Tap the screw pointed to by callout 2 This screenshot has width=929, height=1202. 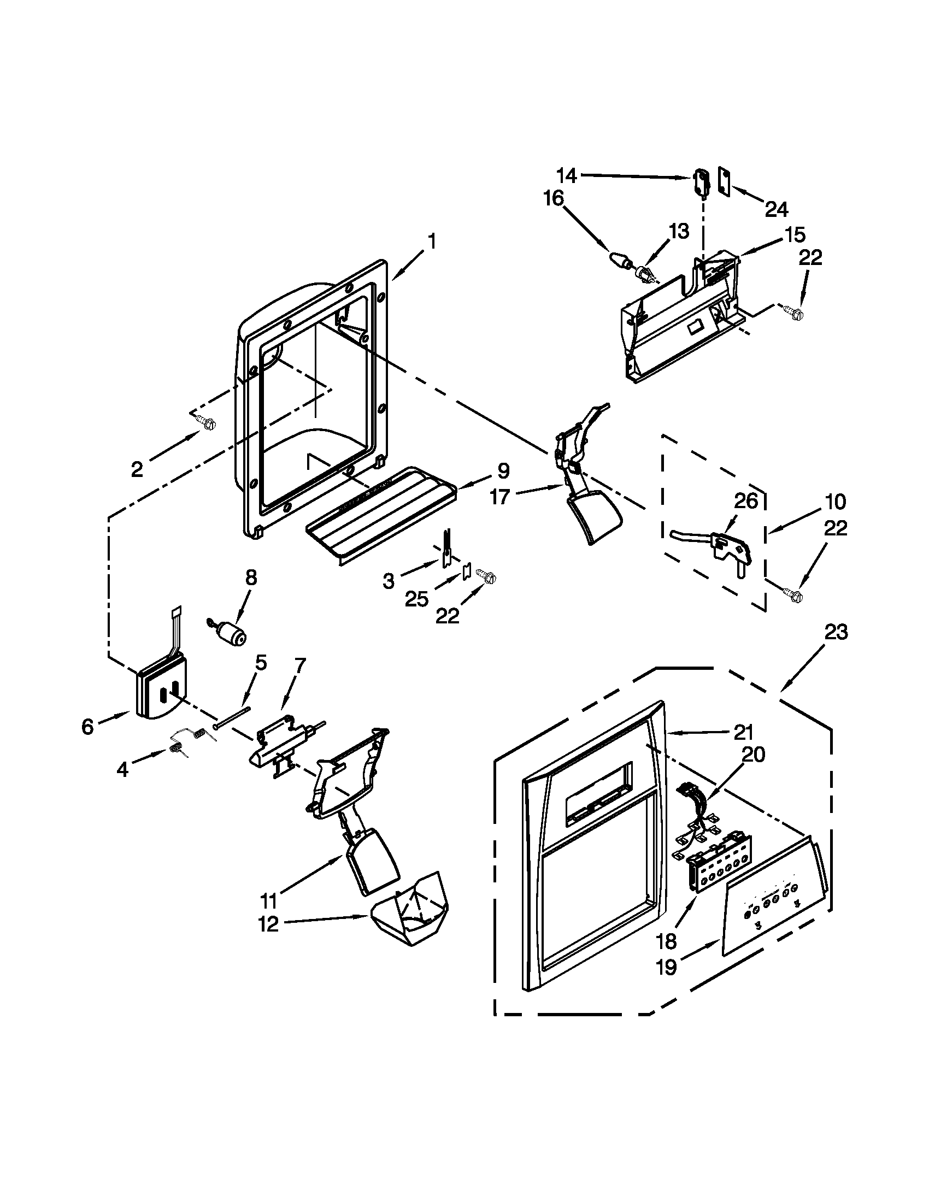(209, 423)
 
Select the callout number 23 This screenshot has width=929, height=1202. (836, 632)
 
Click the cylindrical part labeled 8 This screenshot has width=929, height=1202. (231, 633)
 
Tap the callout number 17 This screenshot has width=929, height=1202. (500, 497)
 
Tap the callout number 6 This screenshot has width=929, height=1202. (88, 727)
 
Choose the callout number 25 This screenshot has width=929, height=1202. (416, 598)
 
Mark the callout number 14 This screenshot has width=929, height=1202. (566, 176)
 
